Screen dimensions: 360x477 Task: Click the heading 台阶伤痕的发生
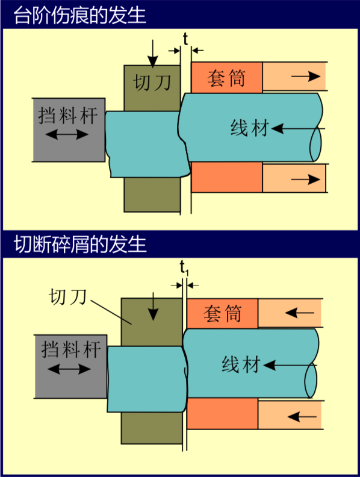79,15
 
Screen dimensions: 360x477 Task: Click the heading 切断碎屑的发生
80,244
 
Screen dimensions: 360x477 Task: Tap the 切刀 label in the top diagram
152,82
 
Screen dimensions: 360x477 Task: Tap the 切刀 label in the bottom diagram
68,296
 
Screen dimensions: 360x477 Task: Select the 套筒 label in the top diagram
226,78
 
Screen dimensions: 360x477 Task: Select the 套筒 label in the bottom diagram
222,314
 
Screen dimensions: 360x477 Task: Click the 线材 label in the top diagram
250,128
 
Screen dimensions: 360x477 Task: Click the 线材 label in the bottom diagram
241,364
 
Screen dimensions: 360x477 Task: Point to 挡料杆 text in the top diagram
68,116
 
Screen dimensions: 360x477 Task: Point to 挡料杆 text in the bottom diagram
71,349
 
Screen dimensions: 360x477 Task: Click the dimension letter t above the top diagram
185,40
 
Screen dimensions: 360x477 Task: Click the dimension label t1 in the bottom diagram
184,267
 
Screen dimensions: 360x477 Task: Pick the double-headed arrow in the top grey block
67,134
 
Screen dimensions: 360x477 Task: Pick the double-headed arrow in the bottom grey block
69,369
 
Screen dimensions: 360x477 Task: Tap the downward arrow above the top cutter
153,53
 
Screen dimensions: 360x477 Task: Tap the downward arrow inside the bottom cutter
153,306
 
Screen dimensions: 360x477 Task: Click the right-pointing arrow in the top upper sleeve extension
306,76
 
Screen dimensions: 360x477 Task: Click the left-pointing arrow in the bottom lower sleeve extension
301,416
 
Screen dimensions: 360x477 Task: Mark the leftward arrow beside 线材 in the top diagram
298,128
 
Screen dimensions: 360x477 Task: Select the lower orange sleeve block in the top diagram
227,177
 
